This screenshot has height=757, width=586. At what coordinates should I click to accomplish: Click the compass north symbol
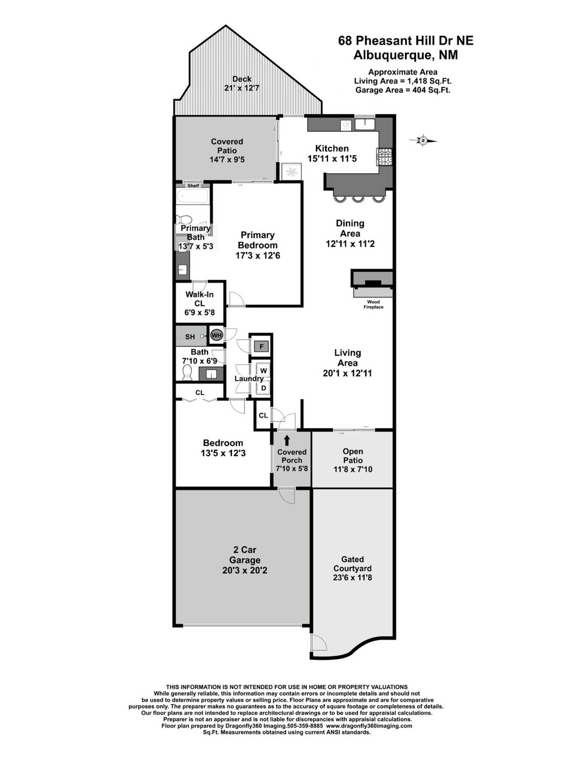[423, 141]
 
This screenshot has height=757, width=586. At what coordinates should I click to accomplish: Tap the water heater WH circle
[216, 336]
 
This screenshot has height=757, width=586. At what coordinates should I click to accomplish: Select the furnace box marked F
[261, 346]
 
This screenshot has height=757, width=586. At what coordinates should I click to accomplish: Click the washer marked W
[263, 371]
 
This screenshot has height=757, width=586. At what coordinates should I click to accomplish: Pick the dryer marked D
[263, 388]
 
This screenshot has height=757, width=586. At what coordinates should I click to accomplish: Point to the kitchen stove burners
[384, 157]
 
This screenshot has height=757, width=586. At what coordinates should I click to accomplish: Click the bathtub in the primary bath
[192, 197]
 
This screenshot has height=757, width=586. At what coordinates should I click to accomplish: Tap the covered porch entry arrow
[287, 440]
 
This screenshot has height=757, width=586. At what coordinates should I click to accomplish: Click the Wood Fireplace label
[373, 304]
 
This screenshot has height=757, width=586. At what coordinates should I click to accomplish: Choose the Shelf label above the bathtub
[193, 186]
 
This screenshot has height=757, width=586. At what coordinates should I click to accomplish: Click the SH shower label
[190, 337]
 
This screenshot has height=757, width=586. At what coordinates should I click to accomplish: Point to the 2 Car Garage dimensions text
[245, 570]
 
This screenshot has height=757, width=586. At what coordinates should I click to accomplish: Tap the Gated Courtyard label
[352, 564]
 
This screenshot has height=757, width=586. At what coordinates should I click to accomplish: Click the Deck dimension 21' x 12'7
[242, 88]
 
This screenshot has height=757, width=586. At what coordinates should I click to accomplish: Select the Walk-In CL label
[199, 299]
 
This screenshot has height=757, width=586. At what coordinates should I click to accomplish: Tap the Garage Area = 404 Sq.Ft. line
[402, 90]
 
